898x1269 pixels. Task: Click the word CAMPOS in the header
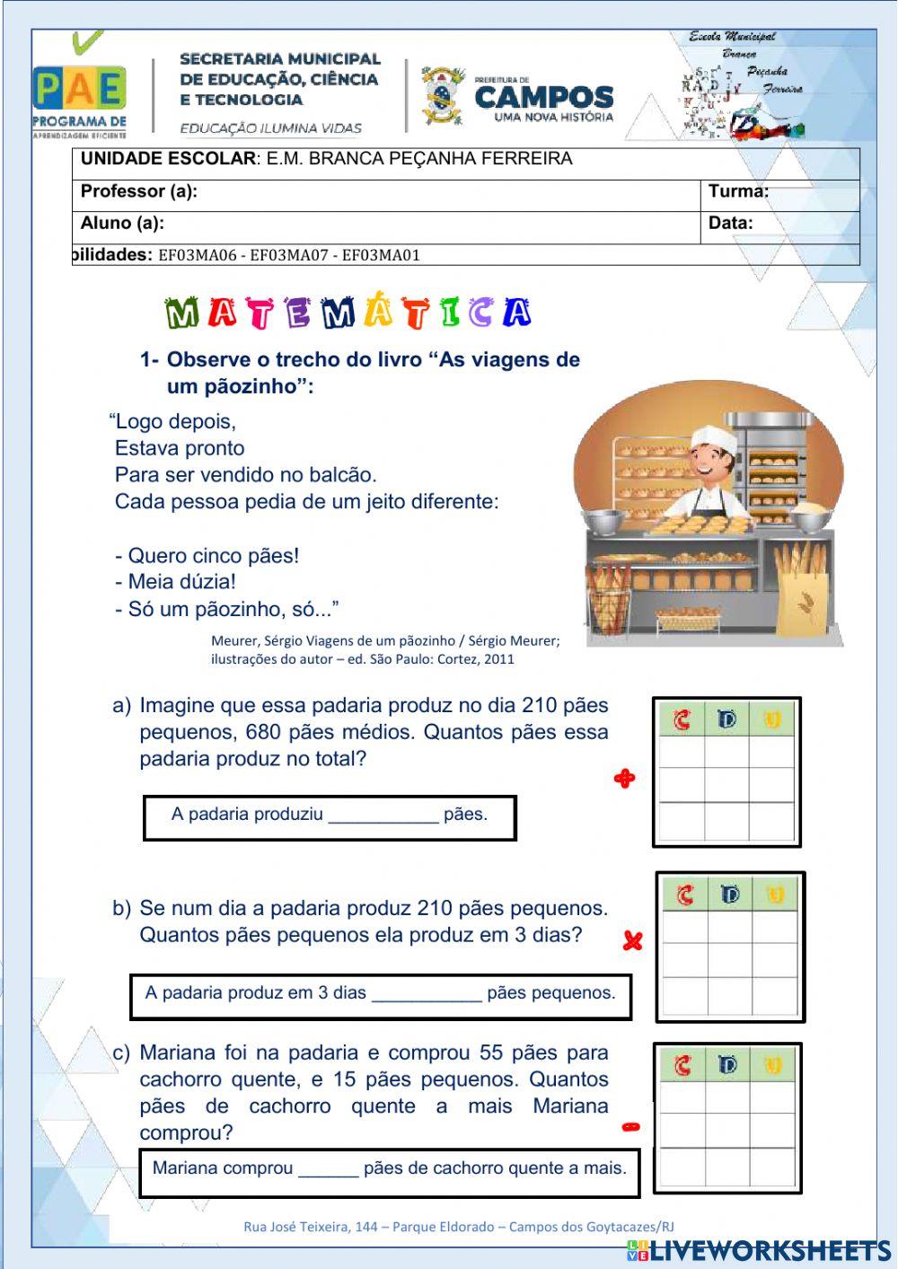[543, 97]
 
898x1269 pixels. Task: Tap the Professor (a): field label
[139, 191]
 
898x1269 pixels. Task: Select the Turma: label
[738, 191]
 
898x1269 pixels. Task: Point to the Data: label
[730, 224]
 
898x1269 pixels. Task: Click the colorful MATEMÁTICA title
[348, 312]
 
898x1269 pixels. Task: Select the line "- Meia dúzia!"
[176, 582]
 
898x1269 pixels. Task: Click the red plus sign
[624, 779]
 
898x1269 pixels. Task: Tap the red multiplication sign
[633, 941]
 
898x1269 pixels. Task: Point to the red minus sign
[631, 1127]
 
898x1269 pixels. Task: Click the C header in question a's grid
[682, 720]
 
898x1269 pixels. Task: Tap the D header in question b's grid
[729, 894]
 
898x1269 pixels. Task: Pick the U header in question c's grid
[773, 1066]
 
